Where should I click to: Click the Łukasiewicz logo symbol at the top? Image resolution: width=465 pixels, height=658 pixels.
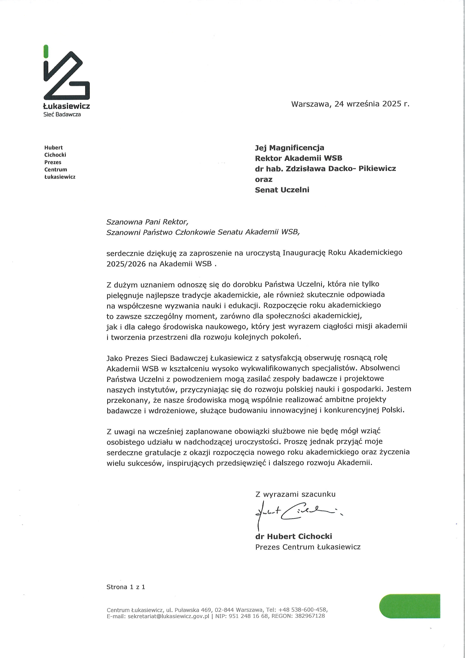coord(66,76)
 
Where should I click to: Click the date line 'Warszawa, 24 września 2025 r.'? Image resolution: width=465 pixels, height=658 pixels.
coord(350,104)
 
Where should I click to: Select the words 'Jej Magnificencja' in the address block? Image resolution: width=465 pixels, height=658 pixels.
coord(289,148)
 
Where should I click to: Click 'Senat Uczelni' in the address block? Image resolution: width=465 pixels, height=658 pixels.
coord(282,190)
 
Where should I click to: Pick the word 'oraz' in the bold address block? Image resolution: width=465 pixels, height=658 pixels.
coord(263,179)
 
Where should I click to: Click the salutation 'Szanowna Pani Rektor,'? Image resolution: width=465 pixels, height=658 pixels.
coord(147,222)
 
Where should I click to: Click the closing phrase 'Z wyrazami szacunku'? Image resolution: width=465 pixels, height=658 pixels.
coord(295,494)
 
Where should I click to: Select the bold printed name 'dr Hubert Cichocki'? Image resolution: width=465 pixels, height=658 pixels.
coord(293,536)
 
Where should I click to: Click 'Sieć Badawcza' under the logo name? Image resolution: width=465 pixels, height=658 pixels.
coord(62,114)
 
